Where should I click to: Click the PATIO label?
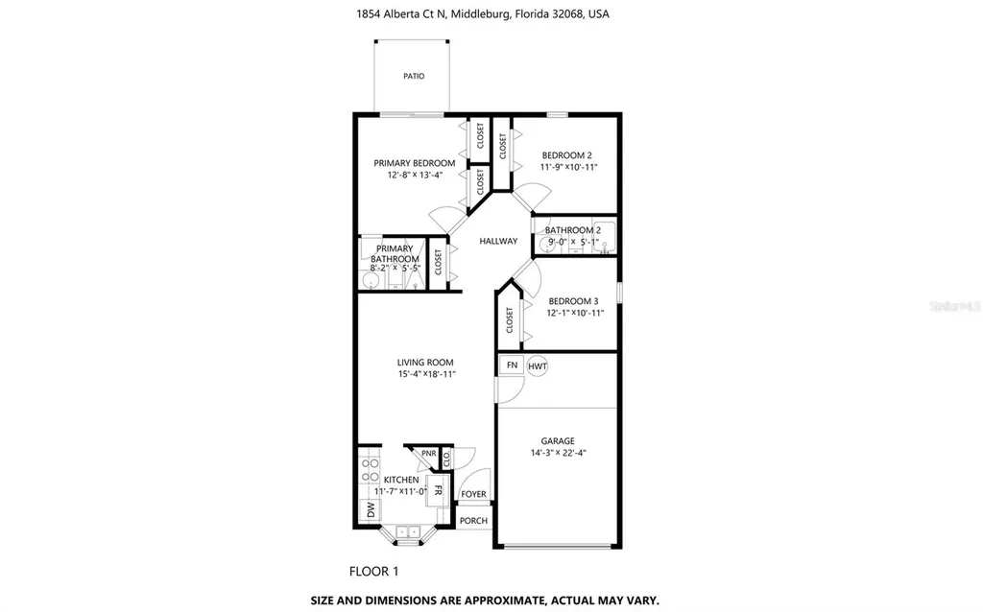click(414, 76)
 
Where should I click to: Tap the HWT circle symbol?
click(538, 366)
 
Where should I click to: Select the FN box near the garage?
click(513, 365)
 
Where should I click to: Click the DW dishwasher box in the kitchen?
click(370, 510)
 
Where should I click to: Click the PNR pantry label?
click(429, 454)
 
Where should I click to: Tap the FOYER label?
click(473, 494)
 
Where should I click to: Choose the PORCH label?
click(473, 521)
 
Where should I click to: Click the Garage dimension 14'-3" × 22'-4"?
click(558, 453)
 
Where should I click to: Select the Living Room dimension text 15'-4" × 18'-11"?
click(426, 375)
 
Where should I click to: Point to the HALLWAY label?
click(498, 241)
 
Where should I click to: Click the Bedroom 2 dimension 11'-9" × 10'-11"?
click(568, 167)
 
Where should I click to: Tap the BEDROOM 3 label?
click(573, 301)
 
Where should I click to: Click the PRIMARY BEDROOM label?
click(415, 163)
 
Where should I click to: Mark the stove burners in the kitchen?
click(370, 470)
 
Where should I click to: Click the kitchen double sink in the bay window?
click(407, 531)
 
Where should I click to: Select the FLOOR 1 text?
click(373, 572)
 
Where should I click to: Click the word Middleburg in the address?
click(480, 13)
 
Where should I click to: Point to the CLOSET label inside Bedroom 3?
click(509, 320)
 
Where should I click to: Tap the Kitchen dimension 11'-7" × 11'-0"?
click(400, 492)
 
